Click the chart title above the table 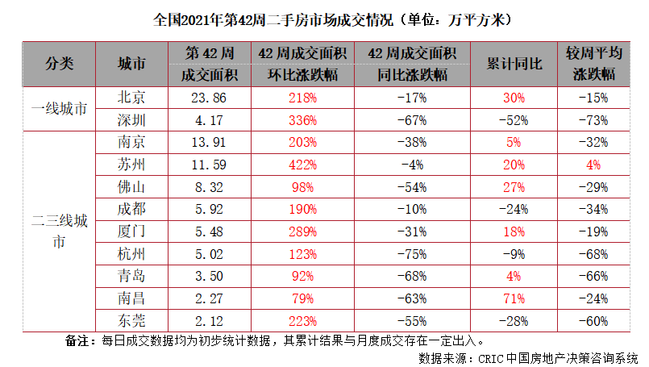[x=324, y=17]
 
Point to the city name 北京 [x=131, y=98]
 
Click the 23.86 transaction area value [x=210, y=98]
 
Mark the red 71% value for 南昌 [x=514, y=298]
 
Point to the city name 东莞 [x=131, y=319]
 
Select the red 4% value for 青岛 [x=514, y=275]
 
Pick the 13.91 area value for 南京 [x=210, y=142]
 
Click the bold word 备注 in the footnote [x=80, y=340]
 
